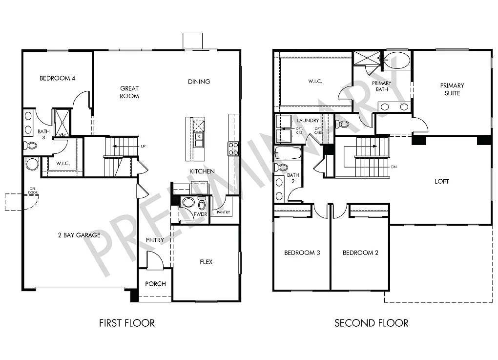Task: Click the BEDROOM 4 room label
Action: [x=57, y=78]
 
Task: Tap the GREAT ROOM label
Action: [x=129, y=92]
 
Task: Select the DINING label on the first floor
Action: [x=199, y=82]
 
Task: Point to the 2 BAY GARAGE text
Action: [x=79, y=235]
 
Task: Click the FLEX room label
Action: [x=206, y=262]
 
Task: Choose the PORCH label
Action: [x=155, y=284]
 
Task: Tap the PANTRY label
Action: [x=223, y=212]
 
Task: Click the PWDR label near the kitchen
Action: [x=201, y=214]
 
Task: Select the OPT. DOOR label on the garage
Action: [x=33, y=191]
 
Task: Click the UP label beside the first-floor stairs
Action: [x=143, y=147]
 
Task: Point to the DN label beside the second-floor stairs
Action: [x=394, y=167]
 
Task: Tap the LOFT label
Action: [x=442, y=181]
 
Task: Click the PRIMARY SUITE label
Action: [x=452, y=89]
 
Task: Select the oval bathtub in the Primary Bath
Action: [x=397, y=61]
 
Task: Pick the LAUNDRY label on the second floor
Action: [x=308, y=120]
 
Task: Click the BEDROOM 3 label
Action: [x=302, y=253]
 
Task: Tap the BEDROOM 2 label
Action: [x=360, y=253]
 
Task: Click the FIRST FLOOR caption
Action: [x=127, y=323]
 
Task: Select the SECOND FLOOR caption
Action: [x=371, y=323]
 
